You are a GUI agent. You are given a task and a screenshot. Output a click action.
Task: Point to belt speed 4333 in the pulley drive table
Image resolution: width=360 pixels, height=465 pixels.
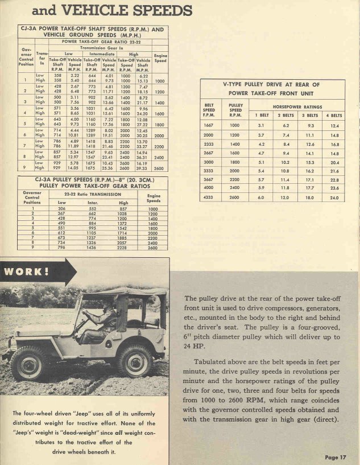212,197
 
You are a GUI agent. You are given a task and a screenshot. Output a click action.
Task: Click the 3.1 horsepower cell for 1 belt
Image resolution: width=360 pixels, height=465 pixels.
245,125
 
